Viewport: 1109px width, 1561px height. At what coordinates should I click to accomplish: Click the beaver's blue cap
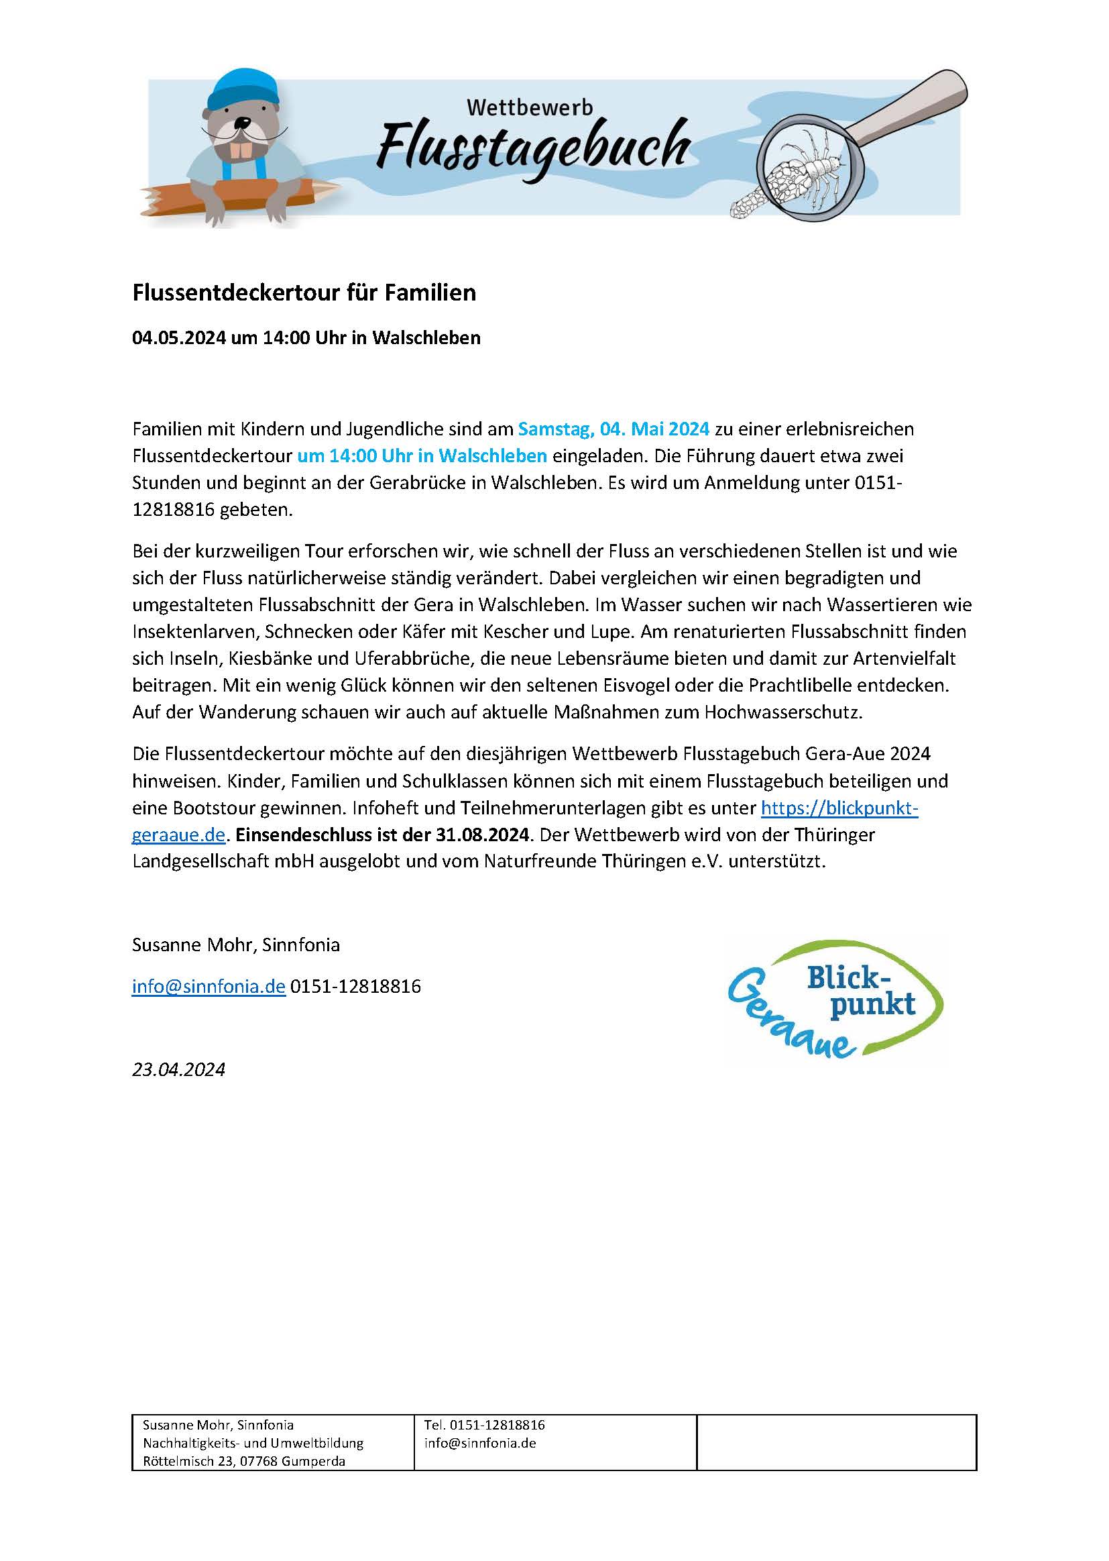[x=243, y=89]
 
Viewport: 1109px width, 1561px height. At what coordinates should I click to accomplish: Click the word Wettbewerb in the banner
[x=530, y=108]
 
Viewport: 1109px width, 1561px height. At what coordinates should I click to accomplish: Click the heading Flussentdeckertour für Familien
[x=304, y=292]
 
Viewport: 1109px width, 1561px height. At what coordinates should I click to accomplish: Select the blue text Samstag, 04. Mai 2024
[x=614, y=429]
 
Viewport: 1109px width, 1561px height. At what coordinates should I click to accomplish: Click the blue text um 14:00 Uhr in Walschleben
[x=422, y=455]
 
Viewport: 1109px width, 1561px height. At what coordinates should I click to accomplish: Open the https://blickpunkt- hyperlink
[x=839, y=808]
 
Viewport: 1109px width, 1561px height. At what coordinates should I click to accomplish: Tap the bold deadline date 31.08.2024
[x=482, y=835]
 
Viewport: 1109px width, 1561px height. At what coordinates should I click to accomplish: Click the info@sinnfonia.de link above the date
[x=209, y=987]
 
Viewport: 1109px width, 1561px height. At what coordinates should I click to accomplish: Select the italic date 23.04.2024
[x=178, y=1069]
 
